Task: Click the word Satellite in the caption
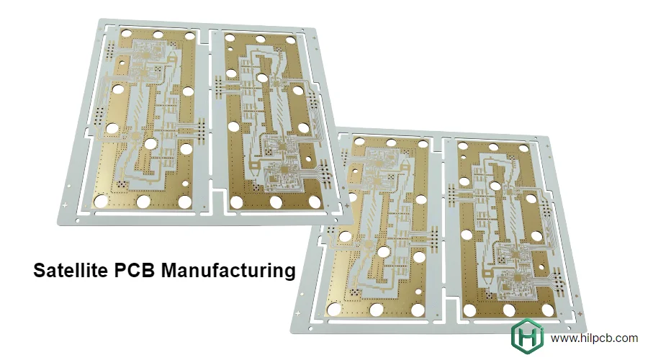point(70,271)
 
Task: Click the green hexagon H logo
point(526,337)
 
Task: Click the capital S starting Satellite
point(40,271)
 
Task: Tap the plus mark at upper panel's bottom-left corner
point(66,206)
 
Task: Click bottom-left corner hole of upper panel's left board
point(102,200)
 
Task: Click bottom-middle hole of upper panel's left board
point(143,202)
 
